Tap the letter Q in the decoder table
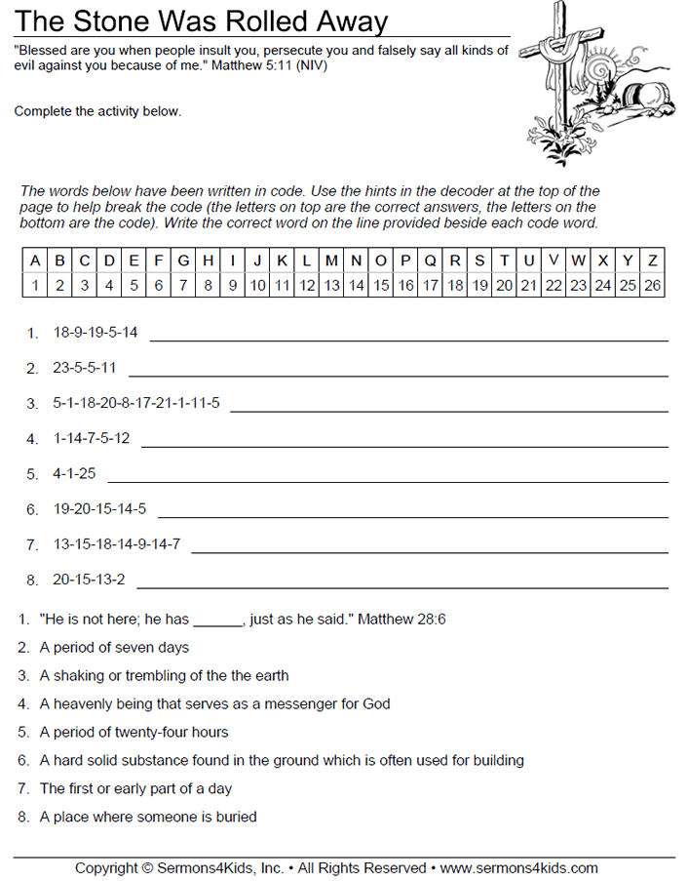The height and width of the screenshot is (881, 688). pyautogui.click(x=430, y=260)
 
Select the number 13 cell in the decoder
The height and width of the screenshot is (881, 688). pyautogui.click(x=331, y=286)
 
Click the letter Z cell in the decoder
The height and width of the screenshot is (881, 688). pyautogui.click(x=652, y=260)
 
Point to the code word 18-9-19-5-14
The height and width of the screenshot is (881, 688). pyautogui.click(x=96, y=333)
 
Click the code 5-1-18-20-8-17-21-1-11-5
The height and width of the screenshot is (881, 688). pyautogui.click(x=136, y=403)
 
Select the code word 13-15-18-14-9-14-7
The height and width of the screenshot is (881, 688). pyautogui.click(x=116, y=544)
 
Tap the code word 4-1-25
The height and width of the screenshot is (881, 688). pyautogui.click(x=74, y=474)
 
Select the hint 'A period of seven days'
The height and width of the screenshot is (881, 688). pyautogui.click(x=114, y=647)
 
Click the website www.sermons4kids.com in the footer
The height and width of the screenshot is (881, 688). pyautogui.click(x=519, y=867)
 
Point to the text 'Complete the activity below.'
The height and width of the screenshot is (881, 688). pyautogui.click(x=97, y=111)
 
